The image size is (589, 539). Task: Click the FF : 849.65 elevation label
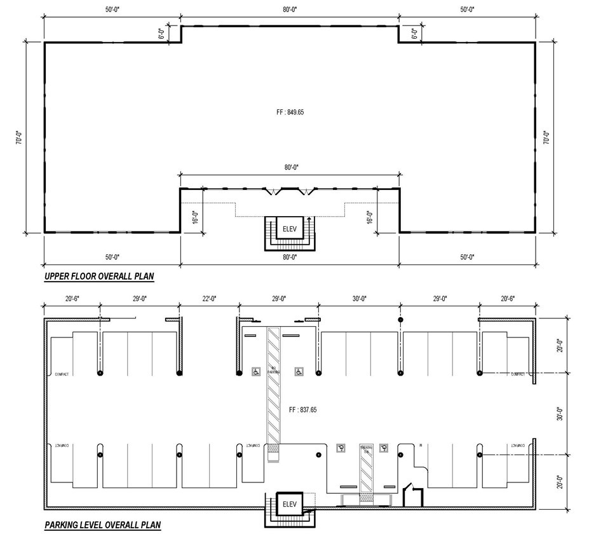pyautogui.click(x=289, y=112)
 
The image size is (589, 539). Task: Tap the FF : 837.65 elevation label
pyautogui.click(x=302, y=410)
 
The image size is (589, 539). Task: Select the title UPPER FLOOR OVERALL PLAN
pyautogui.click(x=99, y=276)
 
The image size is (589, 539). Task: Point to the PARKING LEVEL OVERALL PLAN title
pyautogui.click(x=102, y=525)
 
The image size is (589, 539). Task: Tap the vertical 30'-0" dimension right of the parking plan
pyautogui.click(x=559, y=414)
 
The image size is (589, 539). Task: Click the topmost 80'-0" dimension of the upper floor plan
pyautogui.click(x=289, y=10)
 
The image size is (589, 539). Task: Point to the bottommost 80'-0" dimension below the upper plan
pyautogui.click(x=289, y=257)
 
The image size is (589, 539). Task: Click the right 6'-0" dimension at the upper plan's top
pyautogui.click(x=415, y=33)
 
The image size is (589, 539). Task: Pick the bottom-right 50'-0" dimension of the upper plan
pyautogui.click(x=467, y=257)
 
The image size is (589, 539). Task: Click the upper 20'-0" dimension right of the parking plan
pyautogui.click(x=559, y=346)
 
